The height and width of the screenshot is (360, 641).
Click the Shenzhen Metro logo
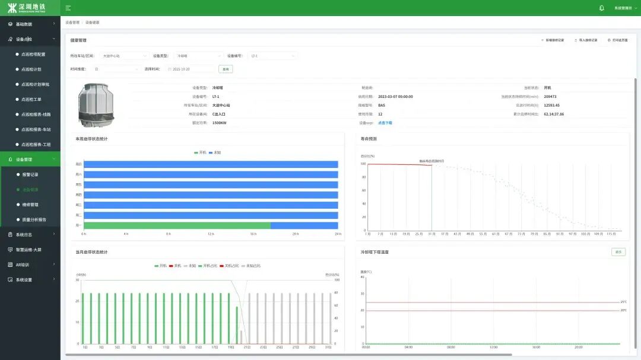click(x=30, y=8)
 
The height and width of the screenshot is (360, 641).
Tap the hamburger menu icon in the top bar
click(x=68, y=8)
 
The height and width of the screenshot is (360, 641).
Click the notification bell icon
click(x=602, y=8)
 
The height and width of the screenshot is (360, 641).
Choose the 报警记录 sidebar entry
click(x=30, y=175)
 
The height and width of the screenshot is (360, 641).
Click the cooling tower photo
click(x=97, y=105)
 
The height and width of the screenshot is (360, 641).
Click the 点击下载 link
click(x=385, y=123)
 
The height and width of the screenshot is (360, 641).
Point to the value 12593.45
click(x=551, y=105)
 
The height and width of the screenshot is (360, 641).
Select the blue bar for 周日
click(x=211, y=164)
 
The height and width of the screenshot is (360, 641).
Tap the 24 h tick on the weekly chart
click(x=338, y=234)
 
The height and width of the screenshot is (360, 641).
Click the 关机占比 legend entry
click(x=231, y=266)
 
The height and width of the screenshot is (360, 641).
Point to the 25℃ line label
click(x=623, y=302)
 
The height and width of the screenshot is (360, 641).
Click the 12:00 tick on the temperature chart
click(x=494, y=348)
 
